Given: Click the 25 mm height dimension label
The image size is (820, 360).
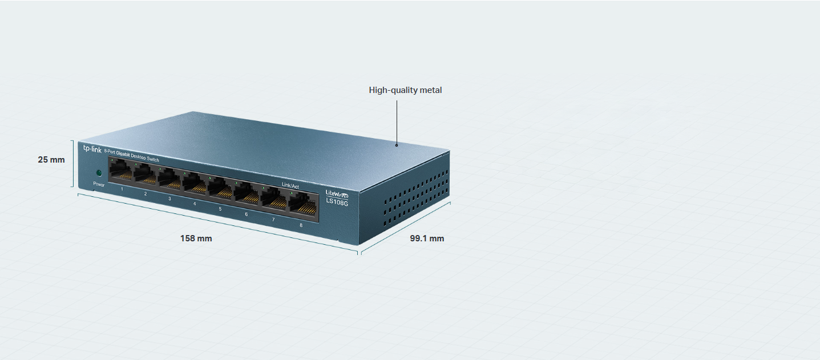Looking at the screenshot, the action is (51, 160).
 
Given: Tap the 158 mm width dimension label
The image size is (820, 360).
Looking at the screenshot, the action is (196, 238).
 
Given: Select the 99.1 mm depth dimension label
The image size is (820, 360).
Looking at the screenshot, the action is (427, 238).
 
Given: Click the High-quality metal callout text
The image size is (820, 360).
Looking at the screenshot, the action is (405, 90).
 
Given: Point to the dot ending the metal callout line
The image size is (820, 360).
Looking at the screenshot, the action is (397, 145).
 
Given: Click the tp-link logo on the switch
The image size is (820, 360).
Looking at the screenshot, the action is (92, 149).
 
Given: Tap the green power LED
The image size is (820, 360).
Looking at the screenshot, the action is (99, 173).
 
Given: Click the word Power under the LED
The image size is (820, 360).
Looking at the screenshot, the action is (99, 184).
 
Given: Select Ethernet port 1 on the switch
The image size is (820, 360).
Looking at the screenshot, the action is (121, 170).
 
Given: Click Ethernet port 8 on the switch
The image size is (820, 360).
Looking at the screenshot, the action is (303, 205).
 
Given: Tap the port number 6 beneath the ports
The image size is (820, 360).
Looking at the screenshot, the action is (247, 215).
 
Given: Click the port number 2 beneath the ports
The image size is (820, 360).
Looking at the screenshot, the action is (146, 194).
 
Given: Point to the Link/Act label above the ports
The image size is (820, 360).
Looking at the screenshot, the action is (290, 185).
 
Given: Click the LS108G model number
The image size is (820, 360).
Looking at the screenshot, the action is (337, 202).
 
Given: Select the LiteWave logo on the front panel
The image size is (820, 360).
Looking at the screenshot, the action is (337, 194).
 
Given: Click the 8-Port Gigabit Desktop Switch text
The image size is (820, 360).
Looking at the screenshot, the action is (131, 156).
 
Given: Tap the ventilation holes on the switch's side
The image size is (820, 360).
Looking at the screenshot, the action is (416, 197).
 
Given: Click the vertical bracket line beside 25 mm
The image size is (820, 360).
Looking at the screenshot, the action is (72, 164).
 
